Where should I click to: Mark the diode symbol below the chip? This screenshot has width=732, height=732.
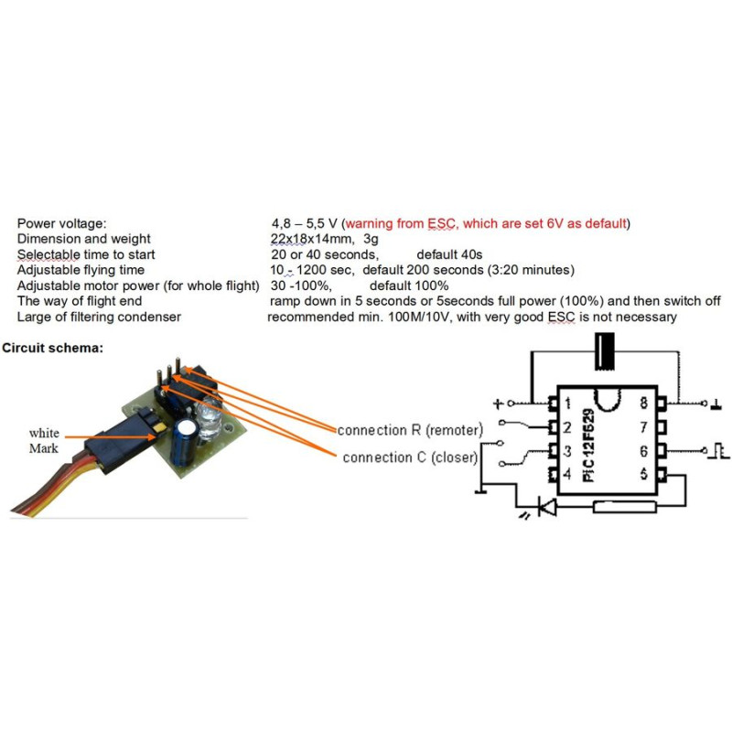[546, 506]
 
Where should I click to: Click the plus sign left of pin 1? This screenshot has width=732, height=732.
[499, 403]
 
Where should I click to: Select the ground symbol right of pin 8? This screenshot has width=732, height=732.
[717, 403]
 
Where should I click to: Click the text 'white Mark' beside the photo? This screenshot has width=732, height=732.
[44, 440]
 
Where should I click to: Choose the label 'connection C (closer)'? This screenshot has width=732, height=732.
[415, 457]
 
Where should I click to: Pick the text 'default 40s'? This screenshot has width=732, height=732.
[449, 253]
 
